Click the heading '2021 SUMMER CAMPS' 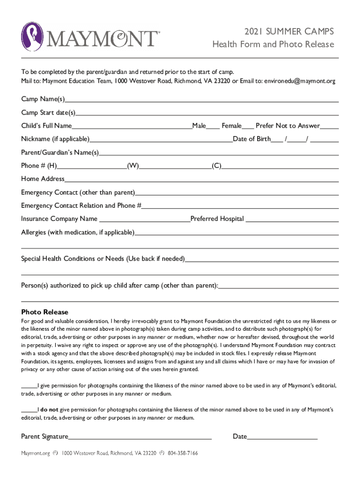289,31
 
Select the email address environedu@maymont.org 300,81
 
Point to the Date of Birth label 252,139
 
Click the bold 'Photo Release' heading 44,312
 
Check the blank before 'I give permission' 29,386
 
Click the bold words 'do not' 49,410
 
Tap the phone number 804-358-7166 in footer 183,453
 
